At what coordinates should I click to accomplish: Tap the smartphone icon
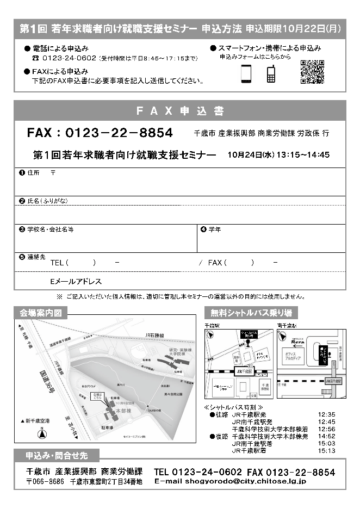pos(246,74)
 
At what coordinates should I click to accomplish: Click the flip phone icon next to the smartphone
pos(271,74)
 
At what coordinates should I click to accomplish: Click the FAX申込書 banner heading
pos(179,111)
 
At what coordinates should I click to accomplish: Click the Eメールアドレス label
pos(76,282)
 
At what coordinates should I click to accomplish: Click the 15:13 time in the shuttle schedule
pos(327,450)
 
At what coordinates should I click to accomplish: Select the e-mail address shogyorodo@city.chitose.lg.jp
pos(230,481)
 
